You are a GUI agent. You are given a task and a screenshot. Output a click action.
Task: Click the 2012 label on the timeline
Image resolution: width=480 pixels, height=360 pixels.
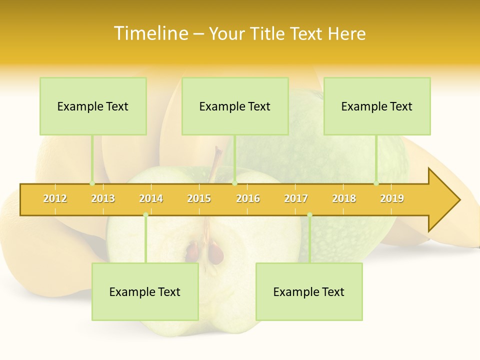pos(55,198)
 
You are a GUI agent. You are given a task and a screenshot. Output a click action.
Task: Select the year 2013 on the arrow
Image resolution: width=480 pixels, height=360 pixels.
pos(103,198)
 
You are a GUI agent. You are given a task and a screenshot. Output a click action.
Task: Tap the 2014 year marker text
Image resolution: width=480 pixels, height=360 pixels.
pos(151,198)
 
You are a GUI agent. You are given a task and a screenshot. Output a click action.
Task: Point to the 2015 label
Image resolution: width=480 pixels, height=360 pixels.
pos(199,198)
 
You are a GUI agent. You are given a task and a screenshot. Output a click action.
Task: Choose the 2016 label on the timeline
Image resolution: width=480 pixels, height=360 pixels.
pos(248,198)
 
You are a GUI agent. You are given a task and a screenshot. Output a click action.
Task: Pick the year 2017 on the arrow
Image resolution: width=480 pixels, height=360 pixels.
pos(296,198)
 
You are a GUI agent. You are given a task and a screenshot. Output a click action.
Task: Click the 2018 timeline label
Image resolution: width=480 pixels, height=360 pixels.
pos(344,198)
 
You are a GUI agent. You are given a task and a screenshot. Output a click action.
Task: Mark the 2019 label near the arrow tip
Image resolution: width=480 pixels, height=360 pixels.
pos(392,198)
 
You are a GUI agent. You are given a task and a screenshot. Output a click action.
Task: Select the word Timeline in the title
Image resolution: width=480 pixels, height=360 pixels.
pos(150,33)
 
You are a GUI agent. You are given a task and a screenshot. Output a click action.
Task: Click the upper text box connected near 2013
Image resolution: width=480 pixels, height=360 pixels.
pos(93,106)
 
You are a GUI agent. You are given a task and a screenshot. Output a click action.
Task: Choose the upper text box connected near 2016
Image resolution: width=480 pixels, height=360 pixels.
pos(235,106)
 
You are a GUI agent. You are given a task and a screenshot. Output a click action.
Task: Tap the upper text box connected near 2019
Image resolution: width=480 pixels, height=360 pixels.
pos(377,106)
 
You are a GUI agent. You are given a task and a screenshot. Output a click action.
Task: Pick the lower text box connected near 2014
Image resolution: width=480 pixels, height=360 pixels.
pos(145,292)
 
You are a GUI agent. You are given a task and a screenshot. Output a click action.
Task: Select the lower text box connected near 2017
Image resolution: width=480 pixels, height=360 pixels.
pos(309,292)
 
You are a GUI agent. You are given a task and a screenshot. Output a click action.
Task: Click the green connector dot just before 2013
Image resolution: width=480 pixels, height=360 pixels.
pos(92,183)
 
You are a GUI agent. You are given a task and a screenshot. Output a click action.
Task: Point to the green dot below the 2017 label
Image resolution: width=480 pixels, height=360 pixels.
pos(309,215)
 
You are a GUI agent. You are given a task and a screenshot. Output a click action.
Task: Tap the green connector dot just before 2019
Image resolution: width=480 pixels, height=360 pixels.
pos(376,183)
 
